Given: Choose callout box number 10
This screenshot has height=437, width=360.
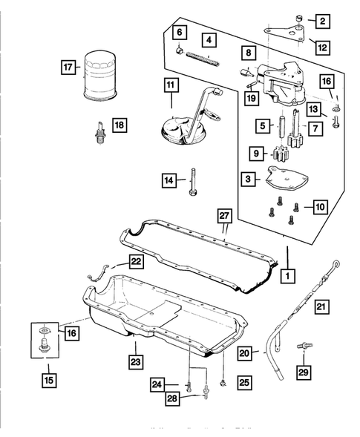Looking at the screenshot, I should click(320, 206).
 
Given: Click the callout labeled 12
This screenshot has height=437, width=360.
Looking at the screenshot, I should click(321, 47).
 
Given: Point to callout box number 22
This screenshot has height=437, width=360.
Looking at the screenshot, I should click(137, 262).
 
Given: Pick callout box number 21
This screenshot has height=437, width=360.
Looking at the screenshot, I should click(320, 306).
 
